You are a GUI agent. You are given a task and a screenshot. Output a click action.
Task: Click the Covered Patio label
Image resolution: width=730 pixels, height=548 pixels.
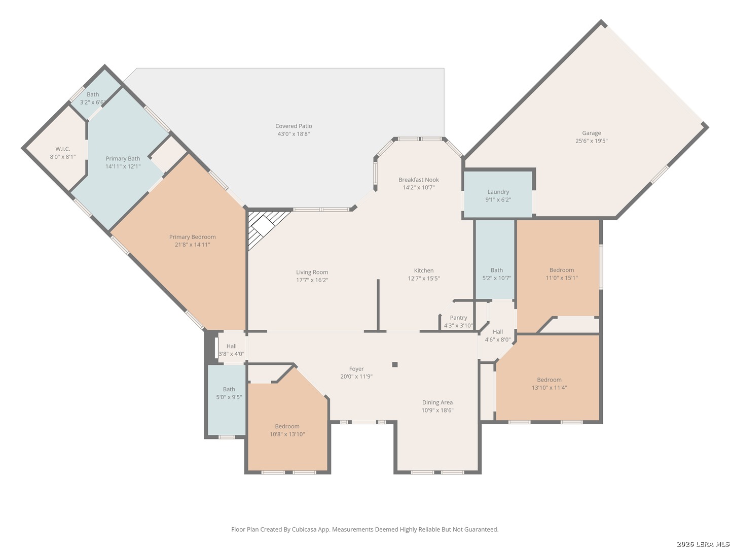point(294,126)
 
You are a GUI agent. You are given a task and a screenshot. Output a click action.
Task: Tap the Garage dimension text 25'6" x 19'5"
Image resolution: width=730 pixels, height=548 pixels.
point(591,141)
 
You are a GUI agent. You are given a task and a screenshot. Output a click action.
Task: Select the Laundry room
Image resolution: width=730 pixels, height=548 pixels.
point(498,195)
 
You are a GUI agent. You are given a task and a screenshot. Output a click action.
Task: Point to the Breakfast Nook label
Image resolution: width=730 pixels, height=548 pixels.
point(418,180)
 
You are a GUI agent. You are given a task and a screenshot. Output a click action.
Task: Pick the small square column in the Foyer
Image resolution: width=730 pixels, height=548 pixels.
point(395,365)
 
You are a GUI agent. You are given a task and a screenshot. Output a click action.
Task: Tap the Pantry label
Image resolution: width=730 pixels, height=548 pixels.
point(458,318)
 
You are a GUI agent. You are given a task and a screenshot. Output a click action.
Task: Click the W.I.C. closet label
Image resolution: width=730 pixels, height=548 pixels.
point(62,149)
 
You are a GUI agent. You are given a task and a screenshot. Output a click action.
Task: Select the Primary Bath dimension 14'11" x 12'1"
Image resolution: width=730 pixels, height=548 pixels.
point(123,166)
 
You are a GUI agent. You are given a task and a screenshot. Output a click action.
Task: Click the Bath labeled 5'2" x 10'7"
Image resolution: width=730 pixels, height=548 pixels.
point(495,259)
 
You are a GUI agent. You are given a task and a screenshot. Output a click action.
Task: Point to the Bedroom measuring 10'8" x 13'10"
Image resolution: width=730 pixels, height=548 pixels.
point(288,429)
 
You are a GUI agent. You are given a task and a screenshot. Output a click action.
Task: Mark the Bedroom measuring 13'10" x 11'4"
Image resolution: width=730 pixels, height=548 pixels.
point(549,383)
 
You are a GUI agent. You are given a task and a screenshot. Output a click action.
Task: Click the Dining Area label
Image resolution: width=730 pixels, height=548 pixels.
point(437,402)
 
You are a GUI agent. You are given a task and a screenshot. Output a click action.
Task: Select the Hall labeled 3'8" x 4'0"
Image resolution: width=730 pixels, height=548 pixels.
point(232,348)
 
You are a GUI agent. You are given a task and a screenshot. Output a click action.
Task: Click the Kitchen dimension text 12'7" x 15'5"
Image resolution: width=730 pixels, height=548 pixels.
point(424,279)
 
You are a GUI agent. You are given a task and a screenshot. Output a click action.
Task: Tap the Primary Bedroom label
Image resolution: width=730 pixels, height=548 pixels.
point(192,237)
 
